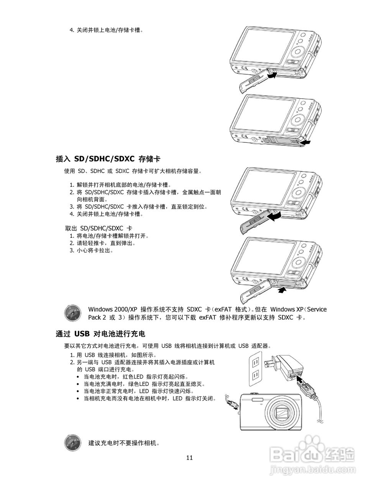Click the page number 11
(x=189, y=457)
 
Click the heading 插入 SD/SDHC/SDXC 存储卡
(x=110, y=158)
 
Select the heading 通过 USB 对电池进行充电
(x=100, y=334)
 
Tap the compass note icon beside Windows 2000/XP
(x=72, y=313)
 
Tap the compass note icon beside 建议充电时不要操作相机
(x=72, y=443)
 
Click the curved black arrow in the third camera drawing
(x=274, y=217)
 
